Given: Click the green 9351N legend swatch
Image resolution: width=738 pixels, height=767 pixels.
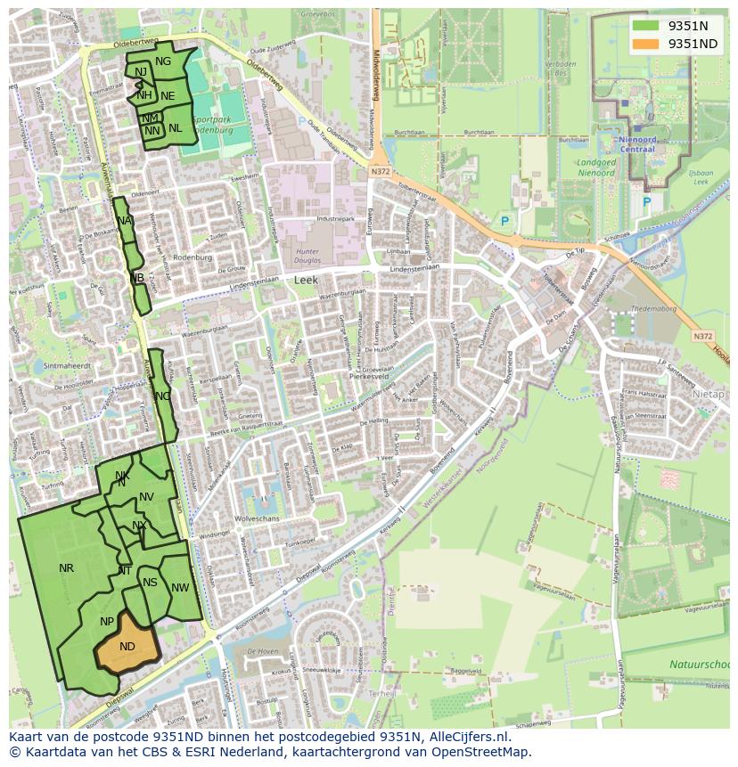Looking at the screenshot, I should [x=646, y=26].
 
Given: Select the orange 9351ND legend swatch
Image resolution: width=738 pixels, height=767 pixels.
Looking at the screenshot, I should [x=646, y=44].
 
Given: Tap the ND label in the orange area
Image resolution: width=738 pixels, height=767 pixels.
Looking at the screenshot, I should [x=127, y=647].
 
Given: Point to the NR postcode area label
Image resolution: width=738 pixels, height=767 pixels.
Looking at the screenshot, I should [x=67, y=568].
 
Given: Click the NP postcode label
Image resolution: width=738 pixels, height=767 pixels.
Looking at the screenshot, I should [x=107, y=622].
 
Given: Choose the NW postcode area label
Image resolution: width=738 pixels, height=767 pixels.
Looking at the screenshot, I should [x=180, y=588].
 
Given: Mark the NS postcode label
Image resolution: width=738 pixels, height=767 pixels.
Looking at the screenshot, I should [x=150, y=583].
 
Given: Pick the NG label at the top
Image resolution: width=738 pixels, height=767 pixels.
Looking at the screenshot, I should [x=162, y=61].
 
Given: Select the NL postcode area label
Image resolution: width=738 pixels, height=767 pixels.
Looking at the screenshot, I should [x=175, y=128].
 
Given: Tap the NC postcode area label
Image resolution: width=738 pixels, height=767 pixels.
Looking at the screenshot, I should [x=162, y=396].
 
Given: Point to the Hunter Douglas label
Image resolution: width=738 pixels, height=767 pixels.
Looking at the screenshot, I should [x=306, y=257].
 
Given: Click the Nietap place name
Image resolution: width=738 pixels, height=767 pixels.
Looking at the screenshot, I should [x=708, y=393].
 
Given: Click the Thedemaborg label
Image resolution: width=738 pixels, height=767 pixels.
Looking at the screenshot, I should [x=654, y=309].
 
